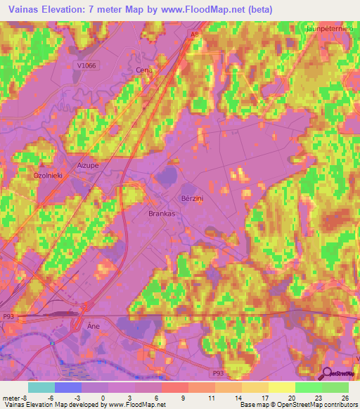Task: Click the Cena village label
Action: pyautogui.click(x=143, y=71)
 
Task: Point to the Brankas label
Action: pyautogui.click(x=161, y=213)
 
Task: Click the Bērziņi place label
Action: pyautogui.click(x=193, y=199)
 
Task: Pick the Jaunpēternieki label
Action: pyautogui.click(x=333, y=29)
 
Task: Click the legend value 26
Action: pyautogui.click(x=345, y=397)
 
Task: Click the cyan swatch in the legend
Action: pyautogui.click(x=41, y=387)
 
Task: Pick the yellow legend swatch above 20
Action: pyautogui.click(x=281, y=387)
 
